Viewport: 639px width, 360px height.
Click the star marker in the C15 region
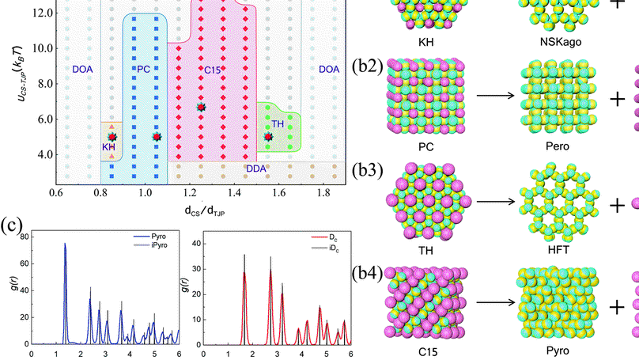pyautogui.click(x=201, y=107)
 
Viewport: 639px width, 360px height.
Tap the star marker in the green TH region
pyautogui.click(x=268, y=137)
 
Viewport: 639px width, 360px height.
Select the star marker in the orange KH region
pyautogui.click(x=112, y=137)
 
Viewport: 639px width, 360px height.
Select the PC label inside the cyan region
pyautogui.click(x=143, y=70)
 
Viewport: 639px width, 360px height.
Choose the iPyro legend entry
pyautogui.click(x=154, y=244)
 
